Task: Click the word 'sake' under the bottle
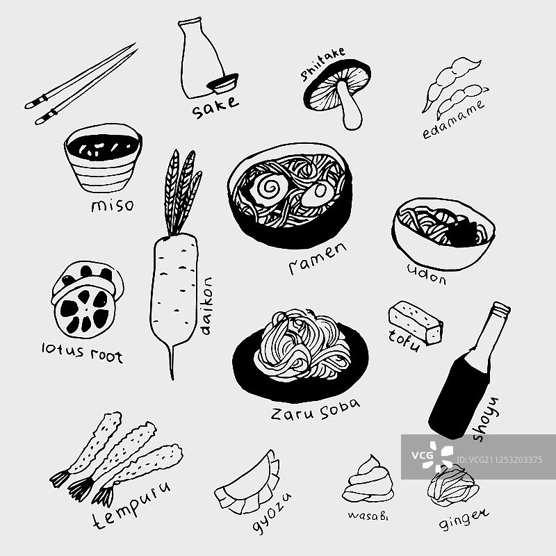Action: pyautogui.click(x=215, y=107)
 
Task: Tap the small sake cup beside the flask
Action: pyautogui.click(x=223, y=83)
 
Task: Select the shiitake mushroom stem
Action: pyautogui.click(x=350, y=106)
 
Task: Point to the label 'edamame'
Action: pyautogui.click(x=454, y=119)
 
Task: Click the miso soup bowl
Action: pyautogui.click(x=103, y=158)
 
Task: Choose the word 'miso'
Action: pyautogui.click(x=113, y=205)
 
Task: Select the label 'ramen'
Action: pyautogui.click(x=318, y=259)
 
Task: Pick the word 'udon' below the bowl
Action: pyautogui.click(x=427, y=275)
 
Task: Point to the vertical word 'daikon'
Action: pyautogui.click(x=206, y=306)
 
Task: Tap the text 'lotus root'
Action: pyautogui.click(x=82, y=353)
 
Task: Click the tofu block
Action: pyautogui.click(x=416, y=322)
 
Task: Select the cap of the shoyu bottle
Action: pyautogui.click(x=500, y=309)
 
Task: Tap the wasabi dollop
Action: pyautogui.click(x=368, y=479)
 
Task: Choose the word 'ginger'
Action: pyautogui.click(x=464, y=520)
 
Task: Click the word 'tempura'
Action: pyautogui.click(x=131, y=505)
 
